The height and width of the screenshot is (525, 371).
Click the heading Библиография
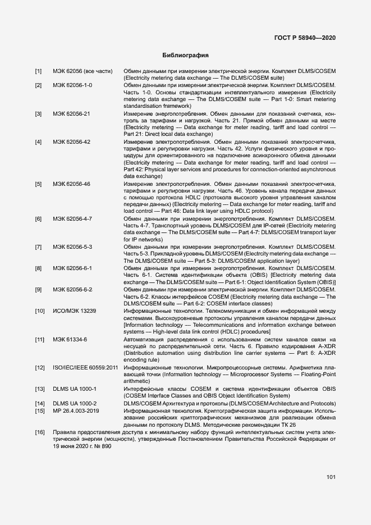(x=185, y=56)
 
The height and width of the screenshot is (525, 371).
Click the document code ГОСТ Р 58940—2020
(x=305, y=38)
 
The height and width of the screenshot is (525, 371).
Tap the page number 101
(x=331, y=477)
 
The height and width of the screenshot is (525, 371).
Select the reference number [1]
(x=38, y=71)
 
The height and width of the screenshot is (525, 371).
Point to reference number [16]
(x=40, y=432)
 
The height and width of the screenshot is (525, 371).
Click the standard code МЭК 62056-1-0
(x=72, y=85)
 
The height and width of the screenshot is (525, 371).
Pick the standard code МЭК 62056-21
(x=71, y=114)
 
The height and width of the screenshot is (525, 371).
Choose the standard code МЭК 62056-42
(x=71, y=142)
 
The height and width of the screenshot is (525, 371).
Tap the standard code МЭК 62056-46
(x=71, y=184)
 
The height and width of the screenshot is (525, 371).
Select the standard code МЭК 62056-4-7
(x=72, y=218)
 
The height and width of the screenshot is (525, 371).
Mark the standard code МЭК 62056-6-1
(x=72, y=268)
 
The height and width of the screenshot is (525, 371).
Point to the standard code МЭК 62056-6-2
(x=72, y=289)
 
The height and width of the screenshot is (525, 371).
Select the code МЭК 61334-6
(x=70, y=340)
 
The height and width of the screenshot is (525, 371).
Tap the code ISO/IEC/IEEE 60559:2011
(x=85, y=368)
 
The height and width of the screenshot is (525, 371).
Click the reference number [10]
(x=40, y=311)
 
